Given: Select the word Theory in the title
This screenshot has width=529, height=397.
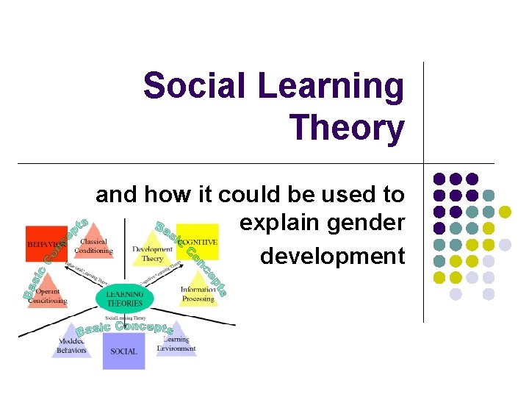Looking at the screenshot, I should [x=347, y=127].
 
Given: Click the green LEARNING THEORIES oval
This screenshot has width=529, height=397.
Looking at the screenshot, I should [x=124, y=298].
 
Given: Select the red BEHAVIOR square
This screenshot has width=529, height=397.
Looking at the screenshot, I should [x=46, y=243].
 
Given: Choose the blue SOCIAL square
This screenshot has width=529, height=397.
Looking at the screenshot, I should [x=123, y=351].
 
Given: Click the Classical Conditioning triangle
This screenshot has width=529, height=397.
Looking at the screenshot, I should [x=93, y=243].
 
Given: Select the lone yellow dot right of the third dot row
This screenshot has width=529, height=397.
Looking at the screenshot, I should [x=505, y=212].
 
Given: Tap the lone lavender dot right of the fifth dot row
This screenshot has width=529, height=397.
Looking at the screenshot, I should [x=505, y=244].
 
